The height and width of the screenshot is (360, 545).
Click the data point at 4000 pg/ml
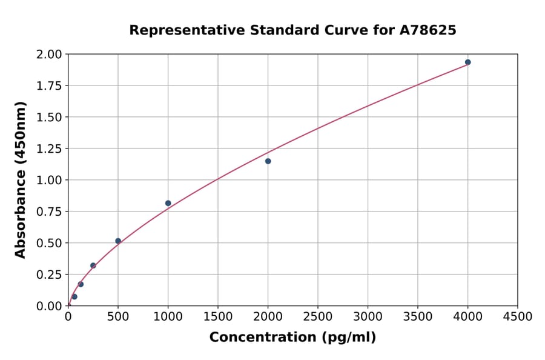coord(467,62)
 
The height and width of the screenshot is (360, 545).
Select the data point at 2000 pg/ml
coord(268,161)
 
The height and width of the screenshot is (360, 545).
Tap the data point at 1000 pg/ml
coord(168,203)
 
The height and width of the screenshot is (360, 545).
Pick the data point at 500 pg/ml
coord(118,241)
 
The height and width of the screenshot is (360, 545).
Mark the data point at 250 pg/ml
coord(93,265)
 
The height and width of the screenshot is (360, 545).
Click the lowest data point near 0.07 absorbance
coord(74,297)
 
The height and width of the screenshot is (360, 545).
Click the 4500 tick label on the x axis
coord(518,317)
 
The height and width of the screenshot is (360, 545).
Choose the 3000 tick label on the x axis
coord(368,317)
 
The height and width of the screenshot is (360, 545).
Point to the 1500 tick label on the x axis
coord(218,317)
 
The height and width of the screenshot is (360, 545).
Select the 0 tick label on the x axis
coord(68,317)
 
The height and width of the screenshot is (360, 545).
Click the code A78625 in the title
coord(428,30)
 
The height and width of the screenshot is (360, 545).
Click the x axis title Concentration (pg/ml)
coord(292,338)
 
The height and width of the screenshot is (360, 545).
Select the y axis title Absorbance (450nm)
coord(21,180)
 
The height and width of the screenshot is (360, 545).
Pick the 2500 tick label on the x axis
coord(318,317)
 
